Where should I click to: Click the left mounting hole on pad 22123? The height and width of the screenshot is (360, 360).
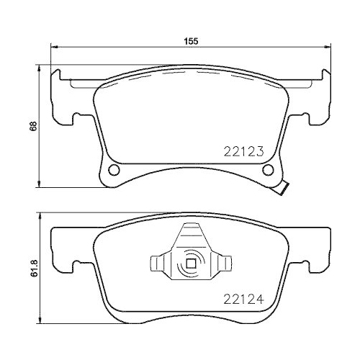point(112,170)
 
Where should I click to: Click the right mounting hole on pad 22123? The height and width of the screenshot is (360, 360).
point(269,170)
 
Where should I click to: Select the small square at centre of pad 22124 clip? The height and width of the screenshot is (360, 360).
point(191,263)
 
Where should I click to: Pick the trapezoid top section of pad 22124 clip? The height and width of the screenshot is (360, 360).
point(191,236)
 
